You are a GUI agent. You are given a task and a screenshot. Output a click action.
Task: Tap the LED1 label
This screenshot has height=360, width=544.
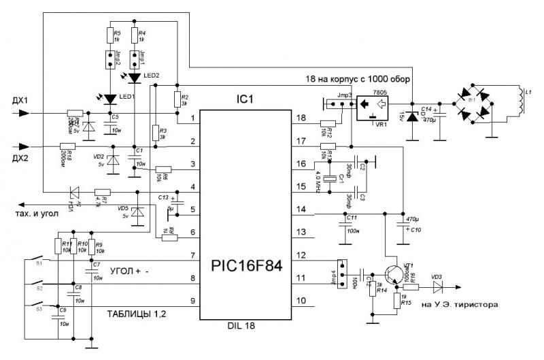click(126, 97)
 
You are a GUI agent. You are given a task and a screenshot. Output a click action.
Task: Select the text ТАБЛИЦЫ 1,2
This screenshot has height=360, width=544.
click(137, 313)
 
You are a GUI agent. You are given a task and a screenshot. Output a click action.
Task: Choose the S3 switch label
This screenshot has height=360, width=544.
click(39, 309)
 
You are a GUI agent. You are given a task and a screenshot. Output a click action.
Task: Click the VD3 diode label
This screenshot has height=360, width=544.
click(437, 276)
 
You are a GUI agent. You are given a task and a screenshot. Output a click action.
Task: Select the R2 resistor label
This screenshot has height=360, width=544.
click(184, 97)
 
